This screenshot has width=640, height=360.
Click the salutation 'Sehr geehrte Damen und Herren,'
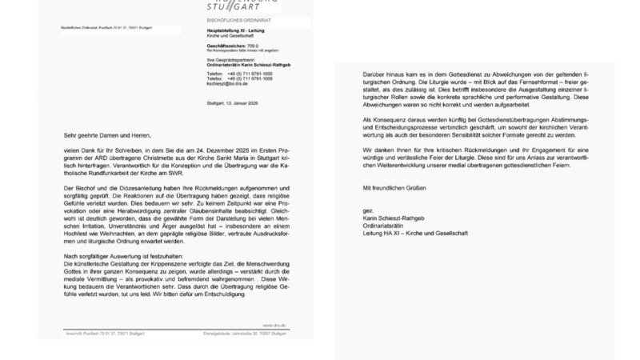(106, 136)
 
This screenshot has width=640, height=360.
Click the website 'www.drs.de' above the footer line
(274, 325)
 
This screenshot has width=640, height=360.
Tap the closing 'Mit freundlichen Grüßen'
(390, 188)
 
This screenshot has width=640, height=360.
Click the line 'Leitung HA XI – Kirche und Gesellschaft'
(415, 233)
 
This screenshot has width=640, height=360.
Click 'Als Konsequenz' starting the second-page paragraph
(382, 118)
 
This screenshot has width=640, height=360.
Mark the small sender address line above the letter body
(106, 28)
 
